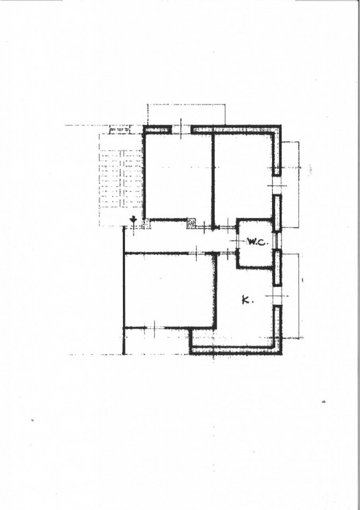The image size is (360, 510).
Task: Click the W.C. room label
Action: tap(257, 242)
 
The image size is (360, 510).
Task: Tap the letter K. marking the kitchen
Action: tap(247, 300)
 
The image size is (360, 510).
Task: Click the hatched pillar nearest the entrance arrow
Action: tap(147, 224)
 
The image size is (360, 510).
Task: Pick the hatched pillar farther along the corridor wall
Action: tap(191, 223)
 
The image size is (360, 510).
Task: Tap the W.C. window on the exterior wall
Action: tap(277, 241)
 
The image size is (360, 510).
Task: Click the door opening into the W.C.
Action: tap(237, 241)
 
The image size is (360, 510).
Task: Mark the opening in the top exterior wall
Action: tap(181, 130)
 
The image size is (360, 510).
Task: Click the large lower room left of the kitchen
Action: tap(169, 290)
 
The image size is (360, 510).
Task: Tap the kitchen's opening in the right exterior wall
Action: tap(277, 296)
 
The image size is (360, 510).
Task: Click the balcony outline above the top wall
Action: tap(186, 115)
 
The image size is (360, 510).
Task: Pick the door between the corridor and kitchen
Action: tap(226, 252)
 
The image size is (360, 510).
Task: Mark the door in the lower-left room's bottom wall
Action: tap(154, 328)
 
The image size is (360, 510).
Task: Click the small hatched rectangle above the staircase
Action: tap(119, 130)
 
